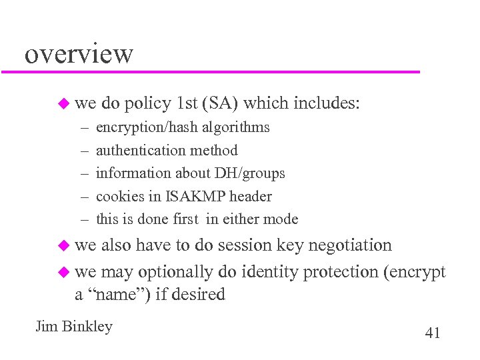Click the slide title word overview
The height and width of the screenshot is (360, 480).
coord(79,53)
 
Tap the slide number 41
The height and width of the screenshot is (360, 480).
coord(432,333)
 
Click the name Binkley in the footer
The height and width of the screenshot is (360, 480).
coord(87,327)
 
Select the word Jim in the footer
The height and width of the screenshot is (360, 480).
coord(47,327)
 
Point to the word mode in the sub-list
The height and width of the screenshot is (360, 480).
coord(282,219)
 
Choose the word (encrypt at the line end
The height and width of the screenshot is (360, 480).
coord(414,272)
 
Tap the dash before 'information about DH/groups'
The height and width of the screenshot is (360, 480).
coord(85,173)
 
